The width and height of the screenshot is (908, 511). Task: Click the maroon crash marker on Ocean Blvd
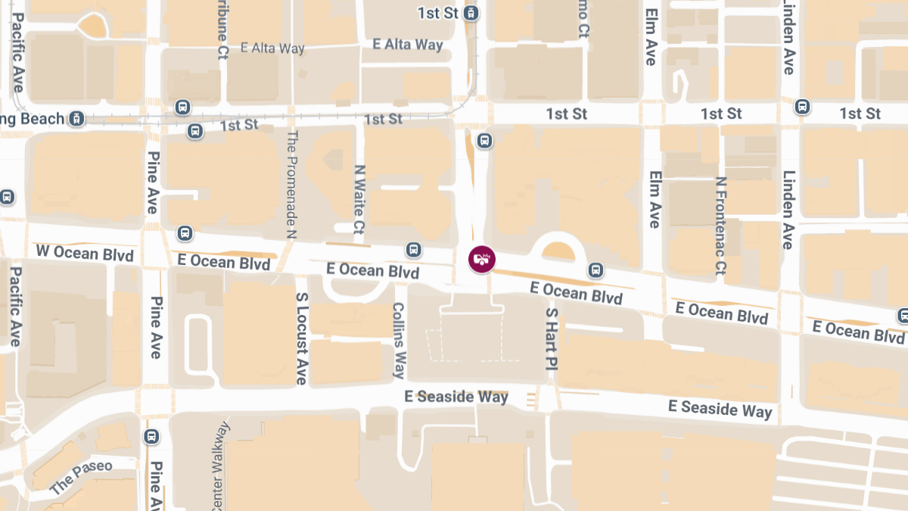point(482,260)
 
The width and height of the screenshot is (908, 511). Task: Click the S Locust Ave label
point(301,338)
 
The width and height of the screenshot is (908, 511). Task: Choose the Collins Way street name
point(399,341)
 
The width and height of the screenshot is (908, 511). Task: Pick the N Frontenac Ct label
point(721,226)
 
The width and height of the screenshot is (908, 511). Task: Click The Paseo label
point(81,477)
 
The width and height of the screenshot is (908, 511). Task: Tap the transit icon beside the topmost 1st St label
point(472,13)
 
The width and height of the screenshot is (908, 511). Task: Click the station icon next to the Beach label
point(76,119)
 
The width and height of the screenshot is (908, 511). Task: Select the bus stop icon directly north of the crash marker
point(484,140)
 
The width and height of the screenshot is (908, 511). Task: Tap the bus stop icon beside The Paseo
point(151,437)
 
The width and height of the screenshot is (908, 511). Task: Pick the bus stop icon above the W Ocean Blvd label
point(184,232)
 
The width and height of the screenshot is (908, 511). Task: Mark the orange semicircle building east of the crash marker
point(559,252)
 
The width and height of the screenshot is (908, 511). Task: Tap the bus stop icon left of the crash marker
point(413,249)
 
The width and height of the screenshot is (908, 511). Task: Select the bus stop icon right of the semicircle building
point(596,270)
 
